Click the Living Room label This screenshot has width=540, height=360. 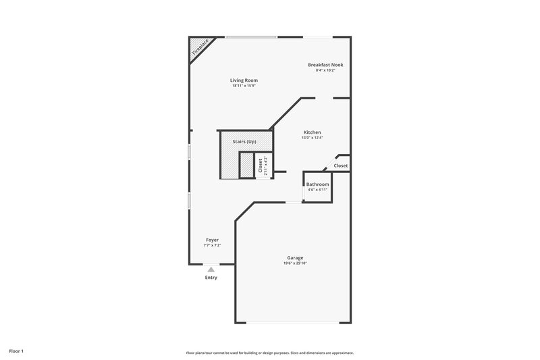pos(244,80)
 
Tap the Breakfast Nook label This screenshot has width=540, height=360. pos(325,65)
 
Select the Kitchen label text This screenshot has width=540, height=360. pos(312,132)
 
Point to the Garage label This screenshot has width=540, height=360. pos(295,258)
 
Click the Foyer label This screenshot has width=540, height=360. pos(212,240)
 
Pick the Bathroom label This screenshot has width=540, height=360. pos(317,184)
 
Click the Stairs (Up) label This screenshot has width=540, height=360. pos(244,142)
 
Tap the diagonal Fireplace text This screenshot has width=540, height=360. pos(200,47)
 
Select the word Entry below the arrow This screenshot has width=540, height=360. pos(211,278)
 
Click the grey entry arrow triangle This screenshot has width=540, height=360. pos(211,269)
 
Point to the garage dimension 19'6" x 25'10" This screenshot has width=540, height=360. pos(295,263)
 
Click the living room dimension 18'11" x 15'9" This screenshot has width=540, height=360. pos(244,86)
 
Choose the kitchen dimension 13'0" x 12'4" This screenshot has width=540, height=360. pos(312,138)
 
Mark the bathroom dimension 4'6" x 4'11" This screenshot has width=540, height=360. pos(317,190)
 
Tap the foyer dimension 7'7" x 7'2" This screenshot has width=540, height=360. pos(212,245)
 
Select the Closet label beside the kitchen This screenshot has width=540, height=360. pos(341,165)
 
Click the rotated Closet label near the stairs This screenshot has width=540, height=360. pos(261,165)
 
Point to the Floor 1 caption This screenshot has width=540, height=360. pos(17,351)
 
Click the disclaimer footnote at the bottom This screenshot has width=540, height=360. pos(270,353)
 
